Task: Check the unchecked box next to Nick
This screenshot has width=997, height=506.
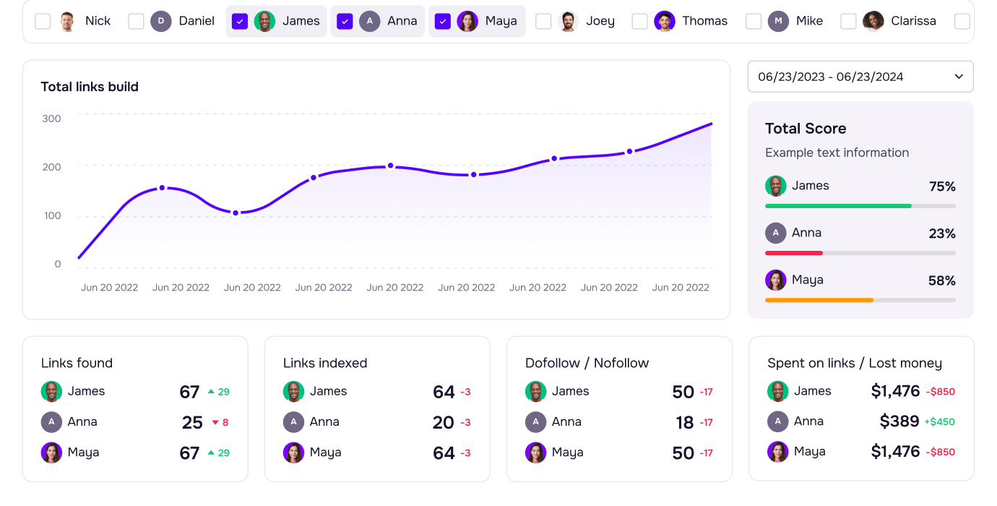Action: coord(43,21)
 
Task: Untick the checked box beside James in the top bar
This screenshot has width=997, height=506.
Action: coord(240,21)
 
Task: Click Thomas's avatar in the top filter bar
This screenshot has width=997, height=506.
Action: coord(664,21)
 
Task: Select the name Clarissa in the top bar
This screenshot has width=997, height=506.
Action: coord(913,21)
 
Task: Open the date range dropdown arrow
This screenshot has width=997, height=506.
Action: coord(959,77)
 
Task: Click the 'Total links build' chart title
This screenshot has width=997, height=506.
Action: coord(90,87)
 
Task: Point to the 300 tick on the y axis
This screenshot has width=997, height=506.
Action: coord(51,119)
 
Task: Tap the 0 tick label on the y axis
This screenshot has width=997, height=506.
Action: coord(58,264)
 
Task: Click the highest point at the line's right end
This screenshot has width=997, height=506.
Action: coord(711,124)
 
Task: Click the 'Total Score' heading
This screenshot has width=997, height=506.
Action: coord(806,129)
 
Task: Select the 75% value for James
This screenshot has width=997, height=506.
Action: coord(942,186)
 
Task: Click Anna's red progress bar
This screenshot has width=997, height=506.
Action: coord(794,253)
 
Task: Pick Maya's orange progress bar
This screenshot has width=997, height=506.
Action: coord(819,300)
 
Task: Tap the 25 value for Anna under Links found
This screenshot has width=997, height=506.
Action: coord(192,422)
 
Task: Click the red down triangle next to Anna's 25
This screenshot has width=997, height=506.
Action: coord(215,422)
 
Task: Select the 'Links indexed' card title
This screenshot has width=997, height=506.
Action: coord(325,363)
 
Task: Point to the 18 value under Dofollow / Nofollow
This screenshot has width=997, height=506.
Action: coord(685,422)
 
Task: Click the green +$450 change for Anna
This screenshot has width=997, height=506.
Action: coord(939,422)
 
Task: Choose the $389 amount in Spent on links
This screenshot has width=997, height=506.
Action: coord(899,421)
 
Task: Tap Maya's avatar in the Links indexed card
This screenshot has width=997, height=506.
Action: coord(293,453)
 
